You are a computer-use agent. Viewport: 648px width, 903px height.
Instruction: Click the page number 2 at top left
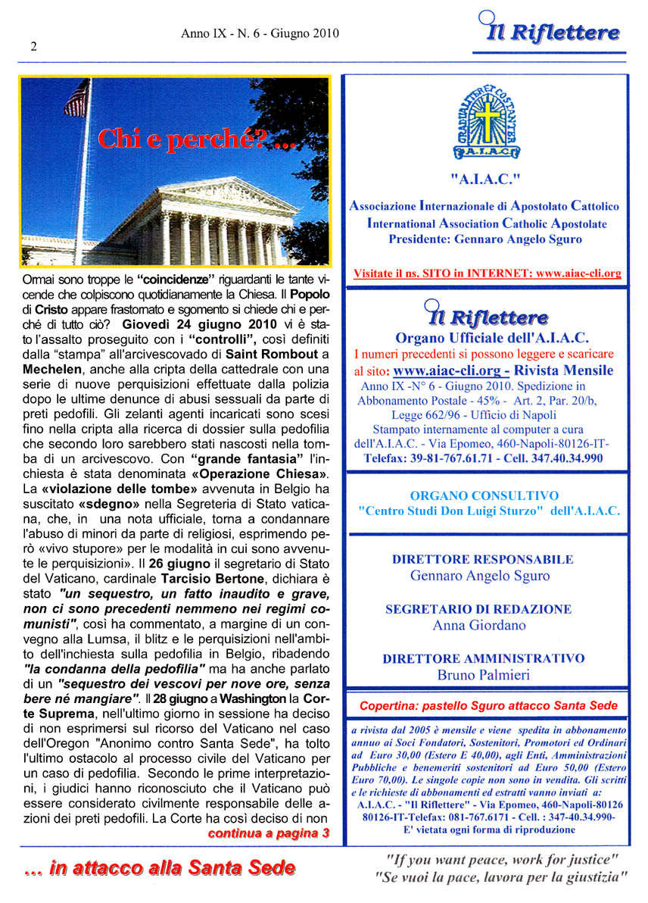(33, 45)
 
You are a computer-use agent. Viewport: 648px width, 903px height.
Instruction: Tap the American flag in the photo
(76, 99)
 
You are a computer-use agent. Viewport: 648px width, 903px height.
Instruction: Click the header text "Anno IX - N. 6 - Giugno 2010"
(260, 33)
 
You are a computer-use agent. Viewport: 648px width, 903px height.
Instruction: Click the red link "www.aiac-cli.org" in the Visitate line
(578, 273)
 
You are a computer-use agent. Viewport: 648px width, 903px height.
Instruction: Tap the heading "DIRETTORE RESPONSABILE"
(482, 560)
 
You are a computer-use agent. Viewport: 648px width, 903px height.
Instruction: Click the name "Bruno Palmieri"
(484, 675)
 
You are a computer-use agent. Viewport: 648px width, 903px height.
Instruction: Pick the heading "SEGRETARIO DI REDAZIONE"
(478, 609)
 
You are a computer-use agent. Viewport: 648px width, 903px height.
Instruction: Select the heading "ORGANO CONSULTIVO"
(484, 495)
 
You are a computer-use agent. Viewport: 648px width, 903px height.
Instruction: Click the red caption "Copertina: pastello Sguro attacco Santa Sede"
(488, 706)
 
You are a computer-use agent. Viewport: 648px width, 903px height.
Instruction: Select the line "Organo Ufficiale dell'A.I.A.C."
(492, 338)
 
